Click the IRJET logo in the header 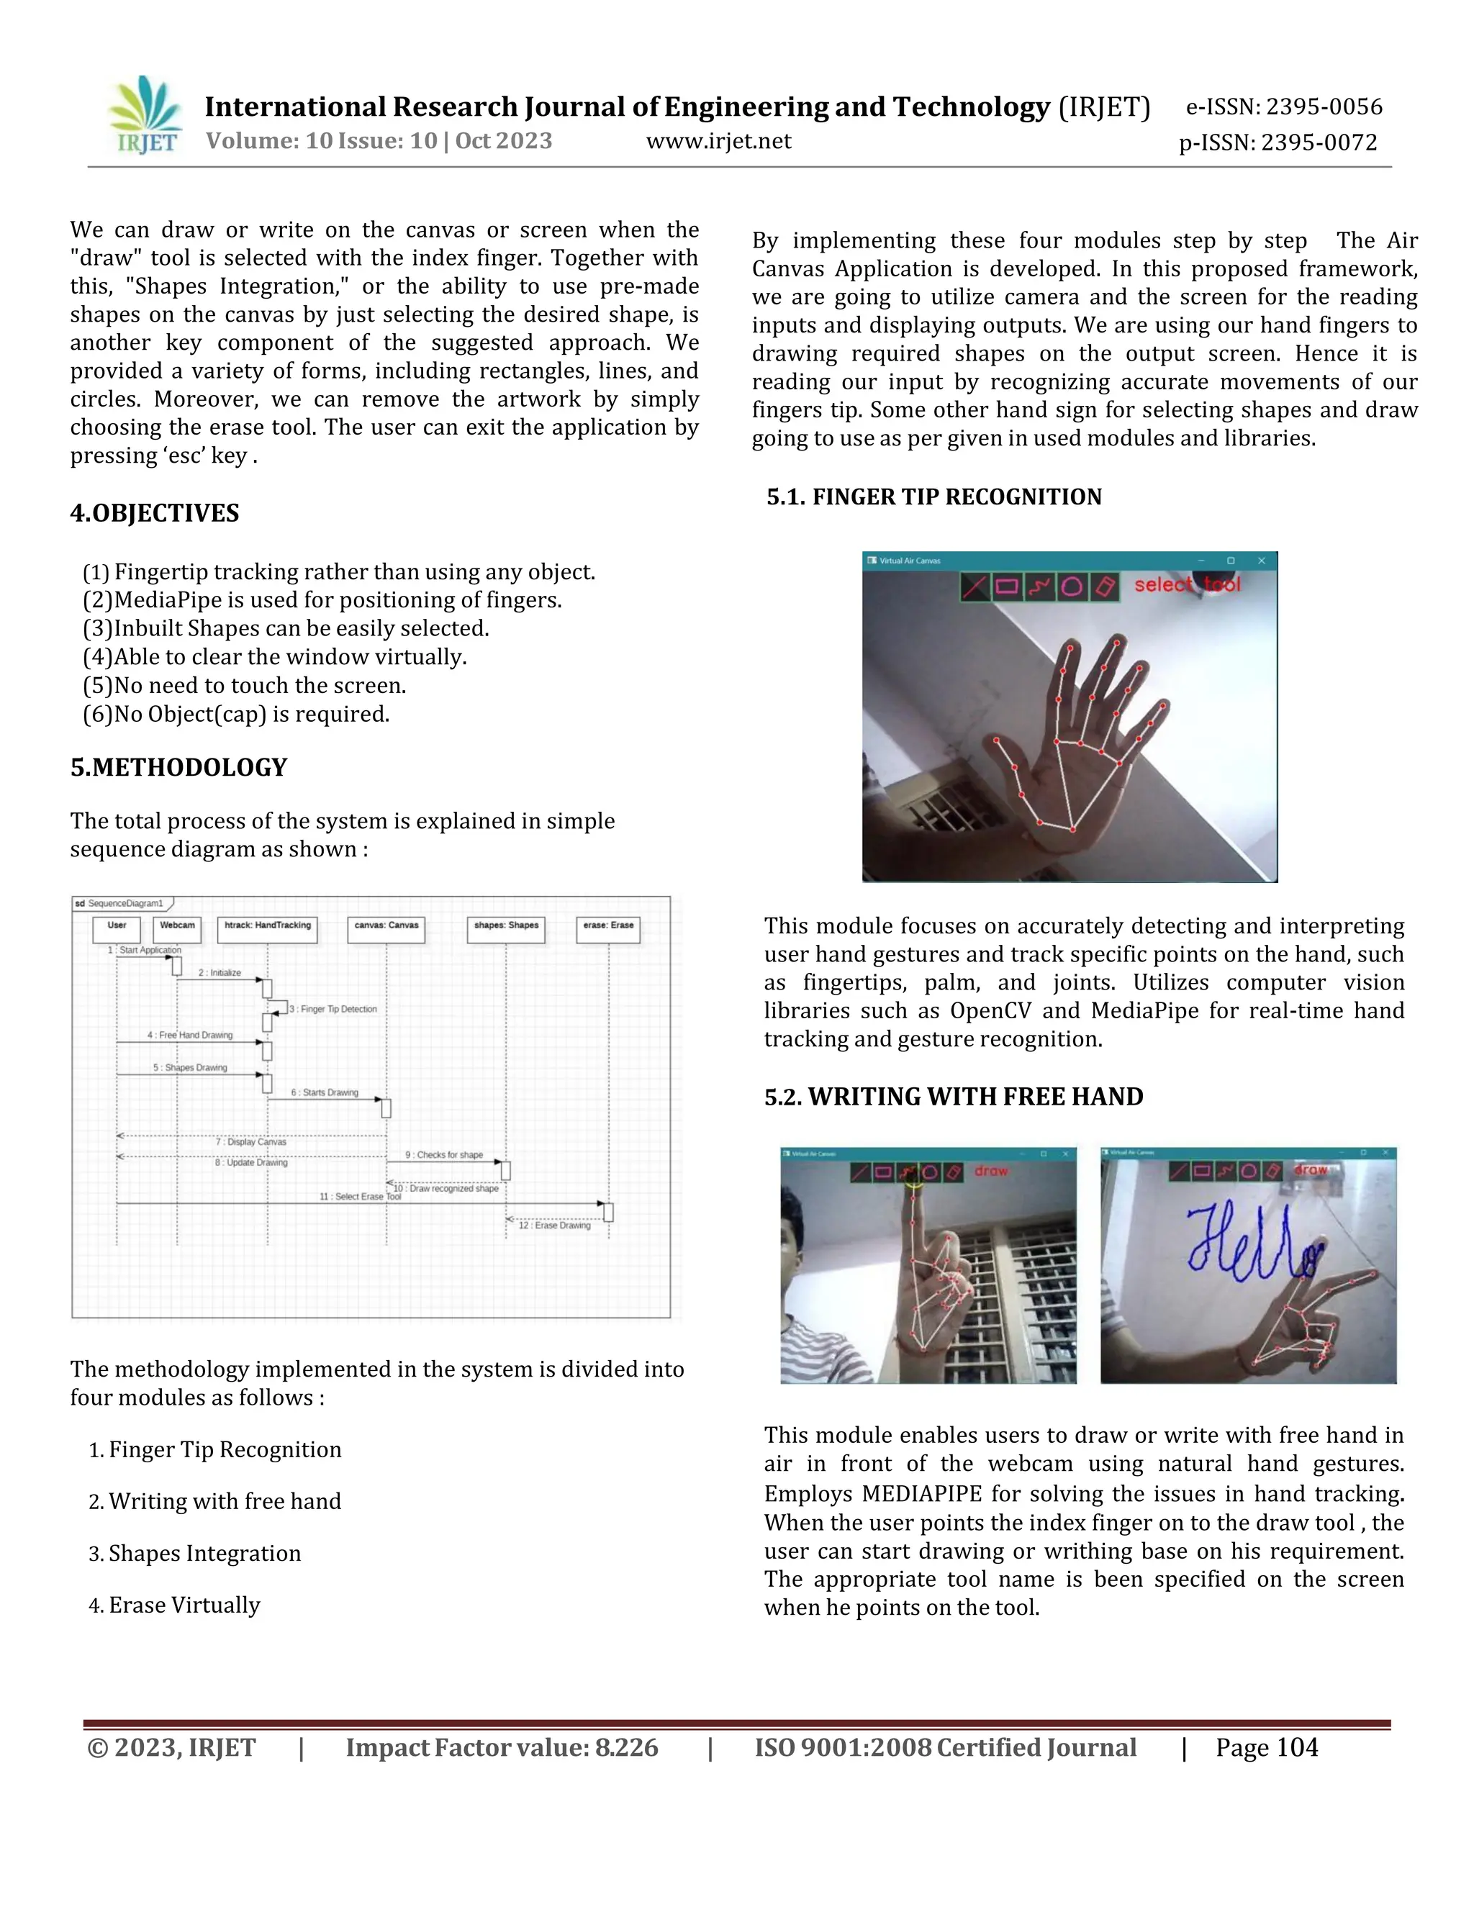[145, 116]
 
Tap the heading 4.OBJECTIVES [155, 513]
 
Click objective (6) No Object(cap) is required [236, 715]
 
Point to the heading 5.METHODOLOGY [178, 768]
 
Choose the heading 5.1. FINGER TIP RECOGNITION [933, 497]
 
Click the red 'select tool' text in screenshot [1186, 584]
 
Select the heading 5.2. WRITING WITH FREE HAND [954, 1097]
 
